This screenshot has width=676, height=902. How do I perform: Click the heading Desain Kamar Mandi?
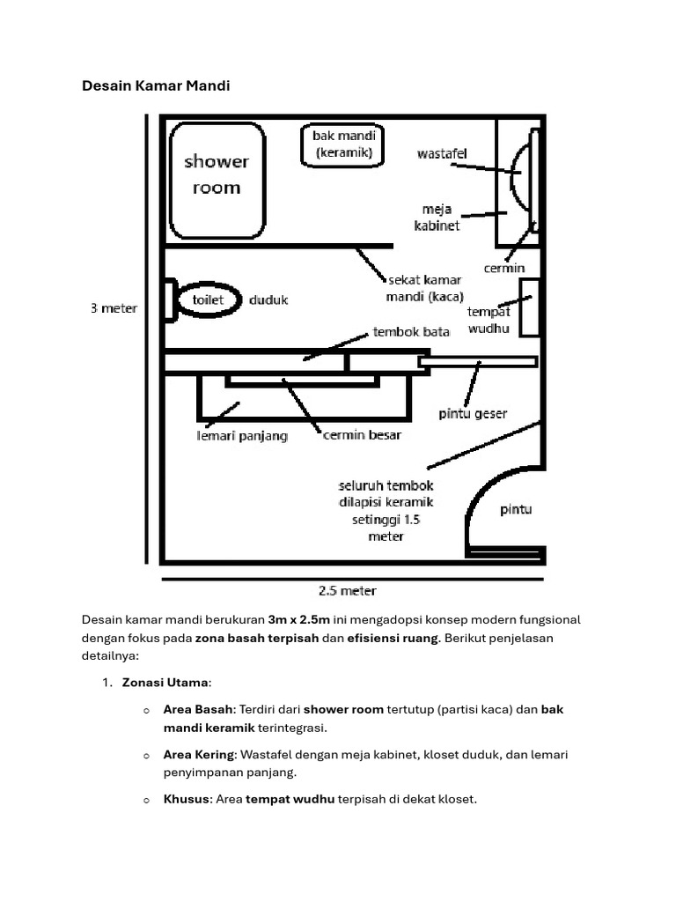(x=156, y=85)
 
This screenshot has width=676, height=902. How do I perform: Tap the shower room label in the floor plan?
(x=216, y=174)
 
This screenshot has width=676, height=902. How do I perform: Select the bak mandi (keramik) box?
(x=343, y=144)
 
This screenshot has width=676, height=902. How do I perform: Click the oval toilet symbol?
(x=209, y=299)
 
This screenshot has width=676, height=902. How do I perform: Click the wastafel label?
(x=442, y=154)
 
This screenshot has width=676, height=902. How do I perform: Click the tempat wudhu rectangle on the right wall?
(x=529, y=307)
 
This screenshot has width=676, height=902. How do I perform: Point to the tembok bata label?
(x=411, y=332)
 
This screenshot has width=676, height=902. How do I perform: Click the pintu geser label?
(x=473, y=413)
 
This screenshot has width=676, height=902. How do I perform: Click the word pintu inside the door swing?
(x=516, y=509)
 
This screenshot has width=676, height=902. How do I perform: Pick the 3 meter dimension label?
(x=114, y=308)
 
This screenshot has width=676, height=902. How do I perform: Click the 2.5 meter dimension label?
(x=347, y=590)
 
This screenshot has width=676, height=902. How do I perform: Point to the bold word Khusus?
(x=185, y=800)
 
